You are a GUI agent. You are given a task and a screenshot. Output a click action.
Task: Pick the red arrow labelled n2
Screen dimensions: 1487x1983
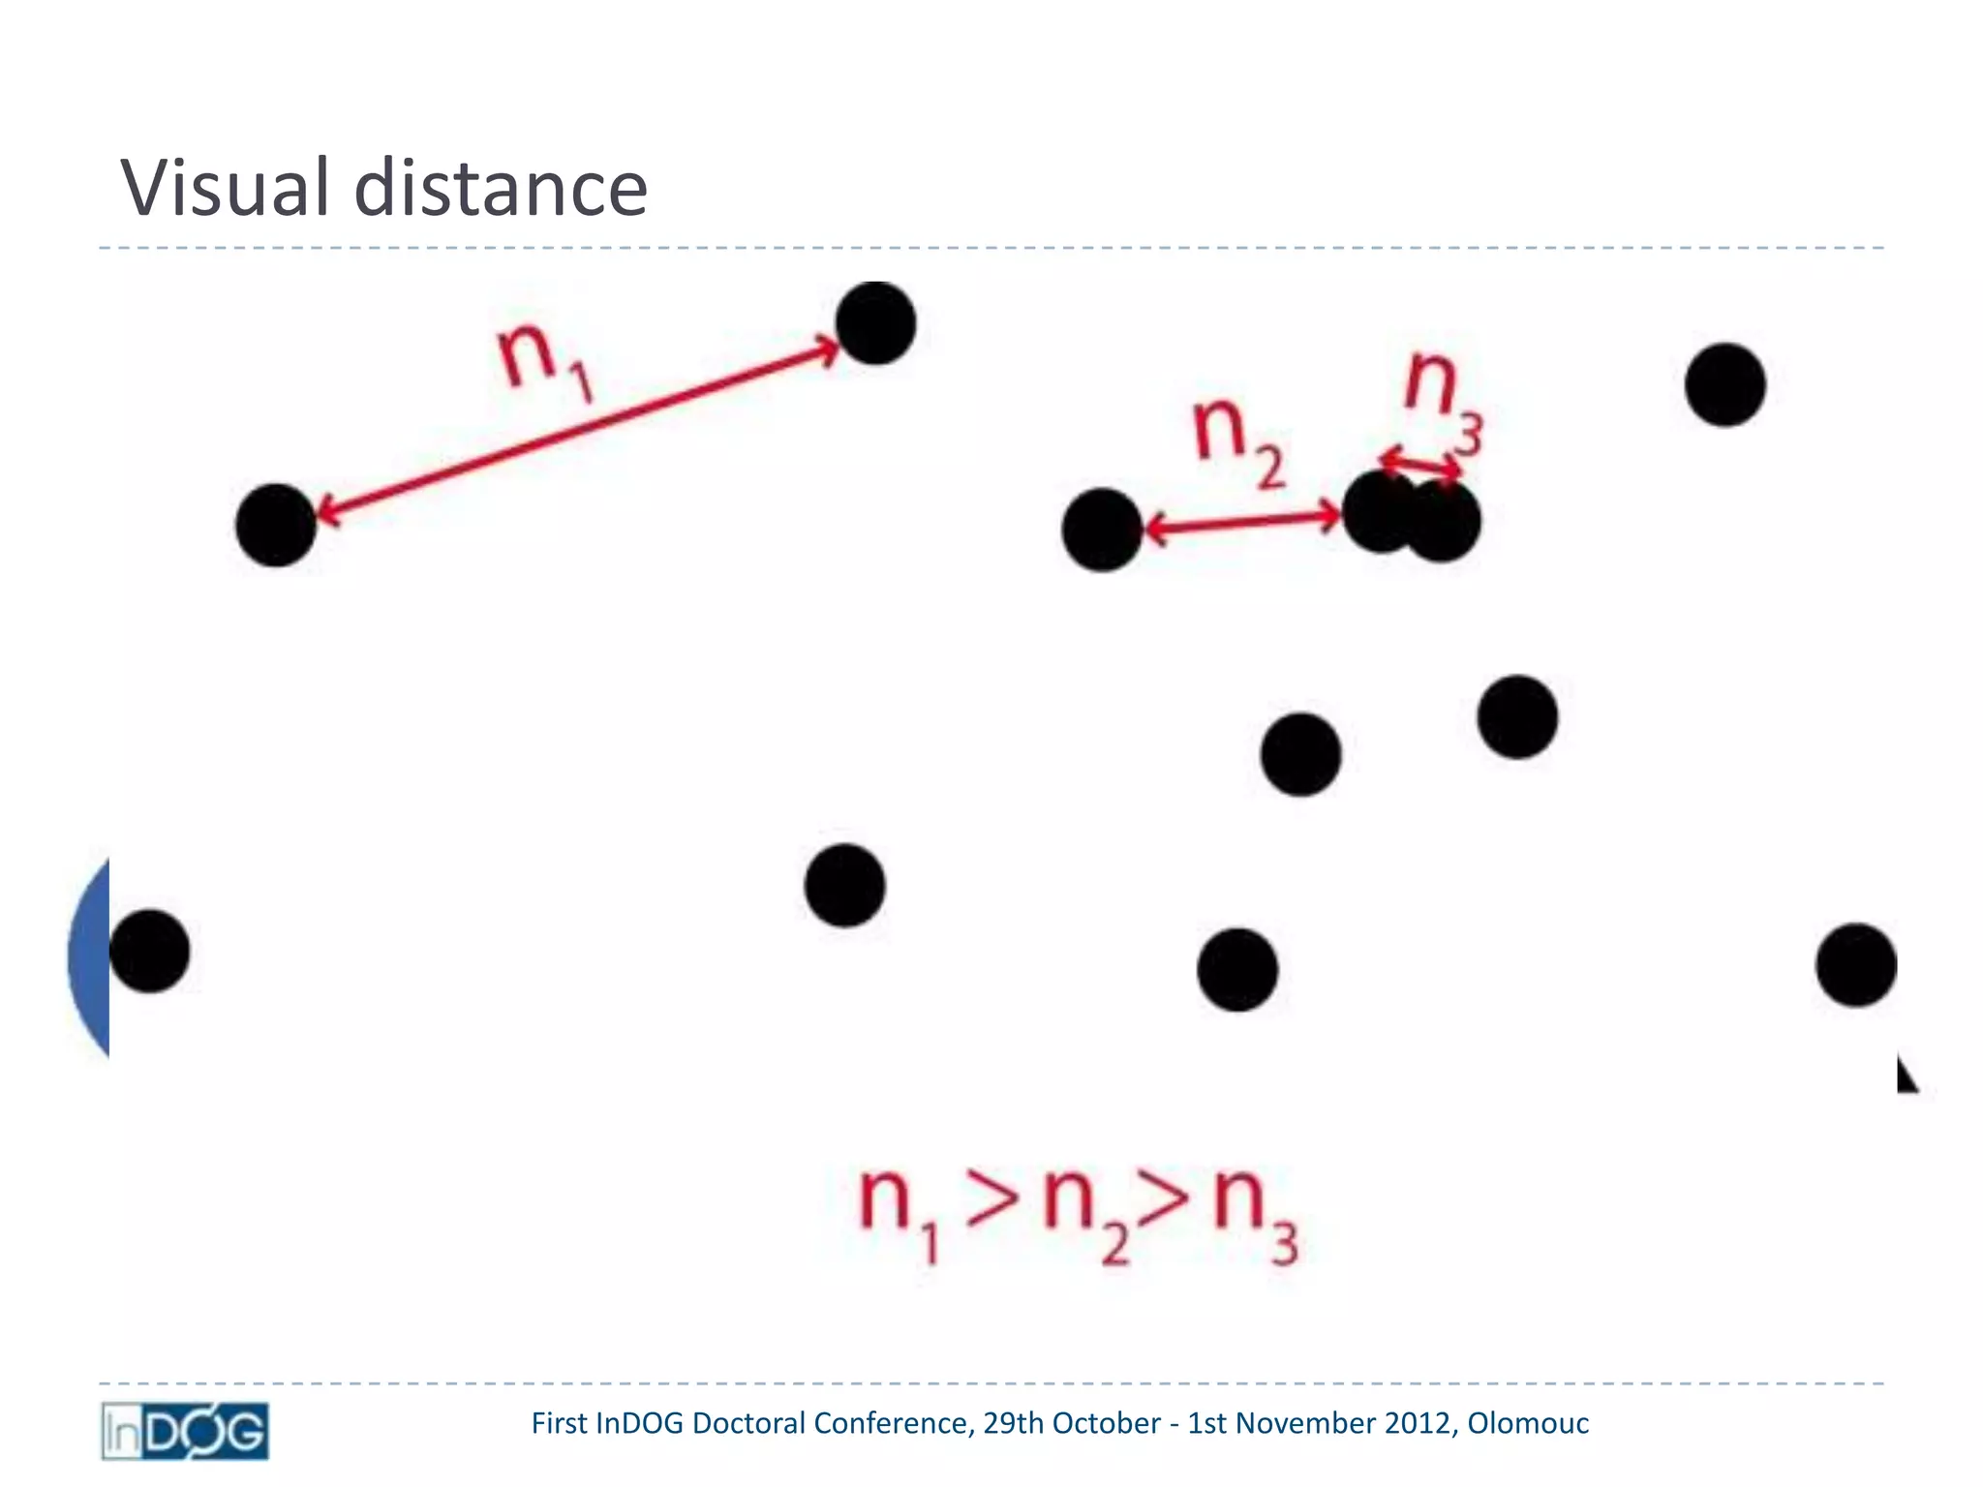coord(1243,523)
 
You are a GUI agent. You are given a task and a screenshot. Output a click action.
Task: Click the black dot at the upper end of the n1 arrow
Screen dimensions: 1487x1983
coord(875,323)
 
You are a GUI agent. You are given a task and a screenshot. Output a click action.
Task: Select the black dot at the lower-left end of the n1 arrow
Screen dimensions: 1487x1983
coord(276,525)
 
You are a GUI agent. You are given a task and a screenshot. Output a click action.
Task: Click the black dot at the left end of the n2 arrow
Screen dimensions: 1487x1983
coord(1102,530)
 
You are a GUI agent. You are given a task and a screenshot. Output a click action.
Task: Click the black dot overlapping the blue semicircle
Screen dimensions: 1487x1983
coord(149,951)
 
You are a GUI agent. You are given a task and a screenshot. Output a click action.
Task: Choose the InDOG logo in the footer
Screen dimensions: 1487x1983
coord(185,1431)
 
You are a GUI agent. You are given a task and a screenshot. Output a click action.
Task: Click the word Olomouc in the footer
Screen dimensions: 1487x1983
coord(1528,1423)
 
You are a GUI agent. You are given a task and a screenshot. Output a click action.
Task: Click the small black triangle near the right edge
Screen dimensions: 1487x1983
coord(1906,1076)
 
